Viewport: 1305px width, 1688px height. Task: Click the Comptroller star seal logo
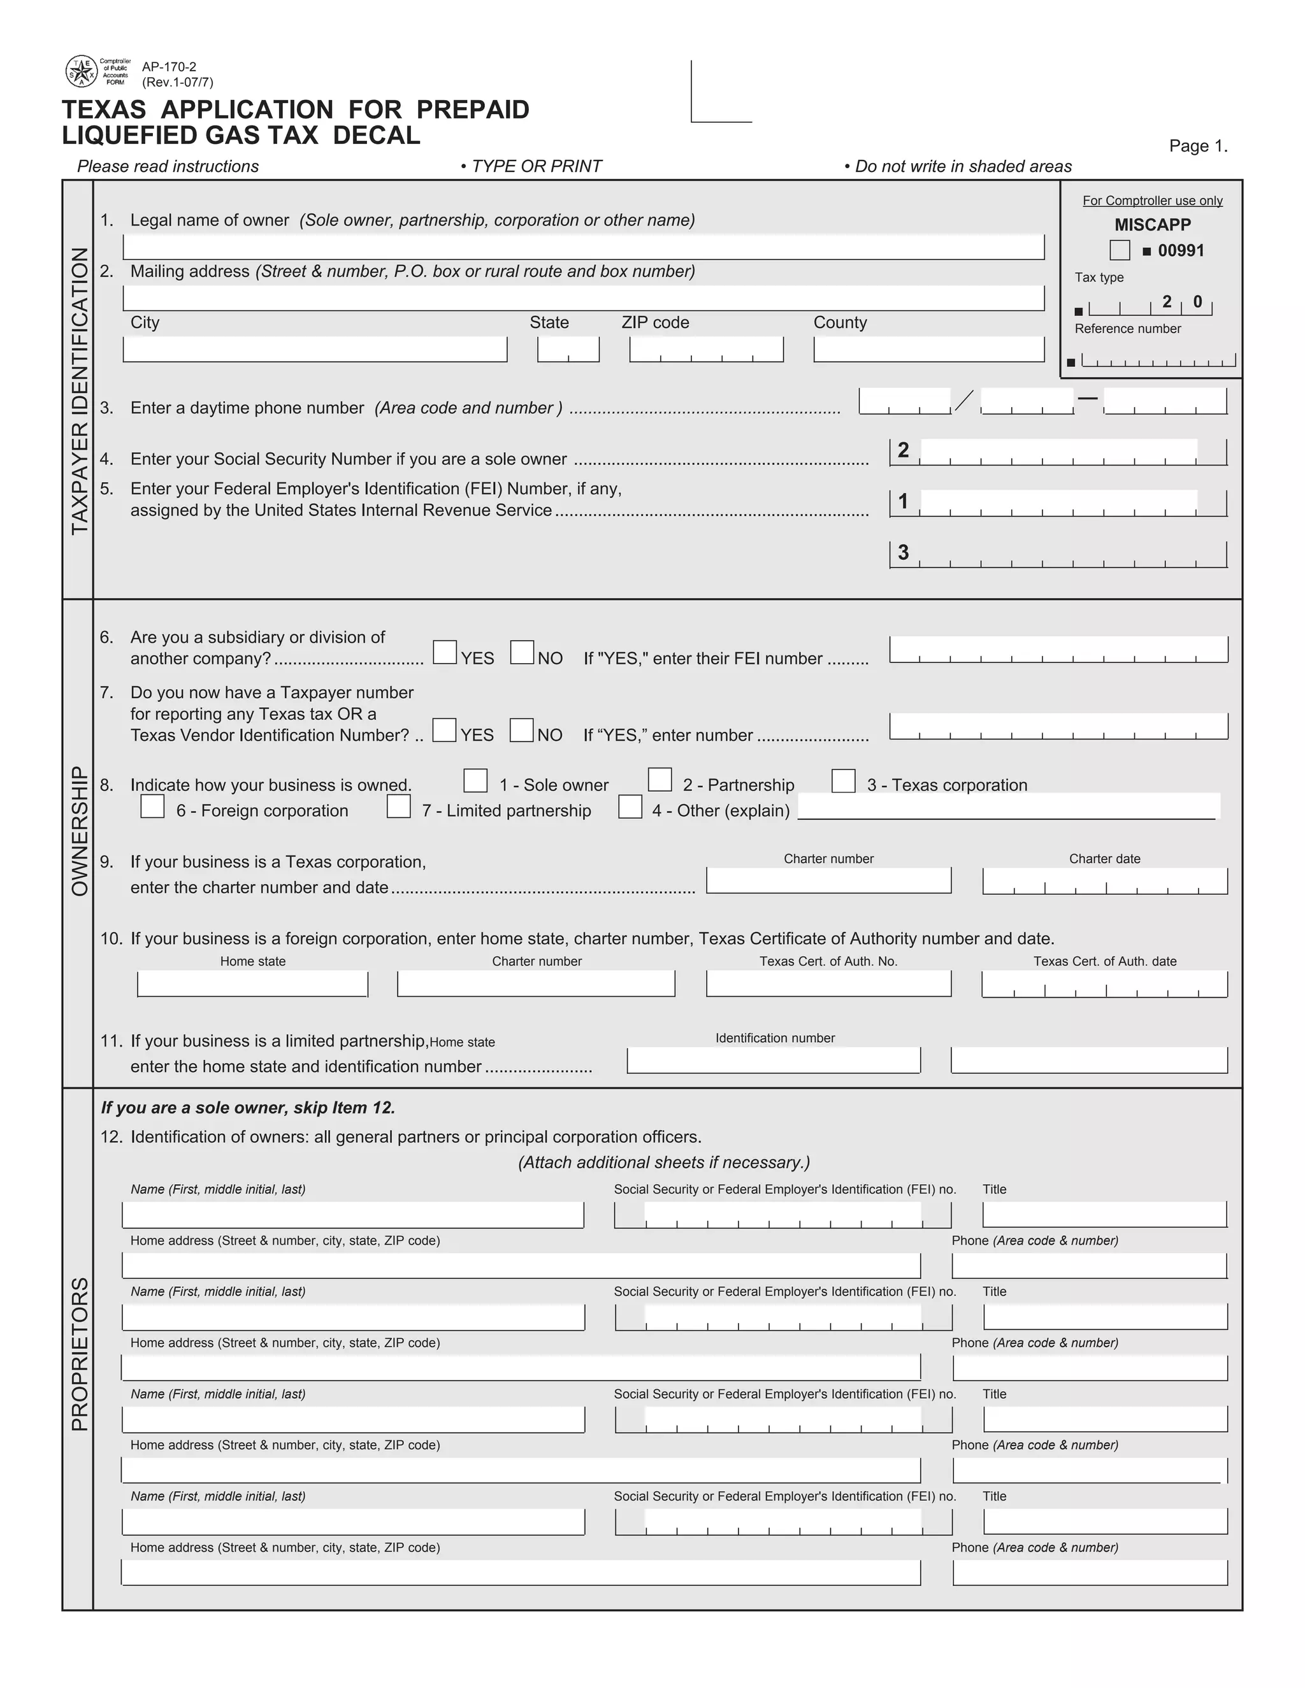81,72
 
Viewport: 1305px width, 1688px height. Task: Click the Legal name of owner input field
583,247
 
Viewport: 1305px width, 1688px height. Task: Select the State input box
568,349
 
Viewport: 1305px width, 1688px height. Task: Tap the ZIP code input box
706,349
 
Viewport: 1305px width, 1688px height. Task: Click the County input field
928,349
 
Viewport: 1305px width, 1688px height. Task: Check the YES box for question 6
445,652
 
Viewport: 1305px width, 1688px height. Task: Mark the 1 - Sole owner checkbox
475,781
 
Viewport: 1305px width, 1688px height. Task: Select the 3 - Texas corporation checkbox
844,781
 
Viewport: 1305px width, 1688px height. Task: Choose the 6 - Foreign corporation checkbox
152,806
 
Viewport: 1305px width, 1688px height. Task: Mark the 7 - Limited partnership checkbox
398,806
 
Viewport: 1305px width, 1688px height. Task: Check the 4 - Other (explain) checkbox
630,806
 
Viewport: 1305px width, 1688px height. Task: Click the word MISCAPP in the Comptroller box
1152,225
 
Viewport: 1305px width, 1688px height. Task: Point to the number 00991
1181,250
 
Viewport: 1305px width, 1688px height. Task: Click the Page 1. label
1197,146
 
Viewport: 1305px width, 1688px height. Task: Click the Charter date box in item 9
1105,881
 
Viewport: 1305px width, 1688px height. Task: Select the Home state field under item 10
252,984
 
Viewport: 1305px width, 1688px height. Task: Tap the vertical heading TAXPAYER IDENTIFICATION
80,390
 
